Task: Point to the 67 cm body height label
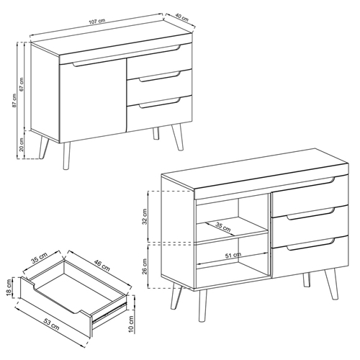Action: pos(22,84)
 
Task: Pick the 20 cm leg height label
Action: pos(22,146)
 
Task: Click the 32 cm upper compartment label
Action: pos(145,215)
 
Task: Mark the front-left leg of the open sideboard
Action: pos(176,297)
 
